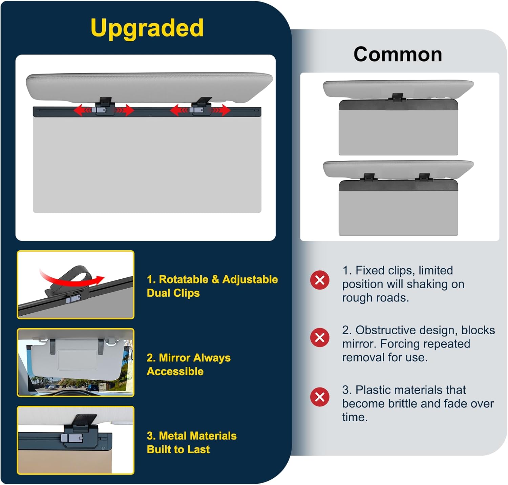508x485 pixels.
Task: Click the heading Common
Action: tap(398, 54)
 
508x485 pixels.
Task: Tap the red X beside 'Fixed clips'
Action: tap(320, 280)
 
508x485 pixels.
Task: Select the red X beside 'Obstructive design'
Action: tap(320, 337)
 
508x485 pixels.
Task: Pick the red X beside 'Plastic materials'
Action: tap(320, 397)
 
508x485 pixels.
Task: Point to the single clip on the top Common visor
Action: tap(398, 97)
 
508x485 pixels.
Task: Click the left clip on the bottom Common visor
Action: tap(369, 177)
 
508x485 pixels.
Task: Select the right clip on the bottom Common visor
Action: tap(424, 177)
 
